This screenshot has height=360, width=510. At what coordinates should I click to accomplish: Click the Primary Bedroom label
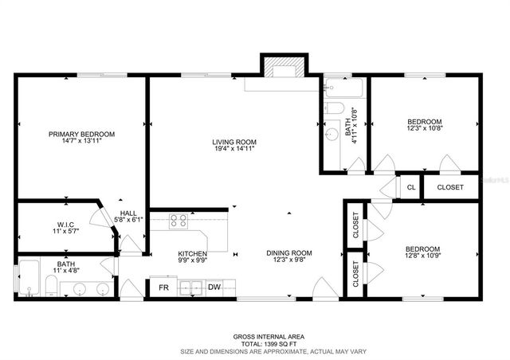tap(81, 135)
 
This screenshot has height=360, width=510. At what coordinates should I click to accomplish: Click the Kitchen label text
tap(192, 253)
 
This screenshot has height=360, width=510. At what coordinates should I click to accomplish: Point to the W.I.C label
tap(65, 225)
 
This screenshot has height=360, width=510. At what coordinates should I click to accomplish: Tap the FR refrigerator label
tap(164, 288)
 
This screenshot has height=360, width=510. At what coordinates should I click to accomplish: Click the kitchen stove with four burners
tap(178, 222)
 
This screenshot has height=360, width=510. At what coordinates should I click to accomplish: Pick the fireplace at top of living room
tap(283, 69)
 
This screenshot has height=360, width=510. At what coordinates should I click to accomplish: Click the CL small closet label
tap(411, 187)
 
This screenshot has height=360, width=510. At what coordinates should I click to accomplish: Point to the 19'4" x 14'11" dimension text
tap(233, 149)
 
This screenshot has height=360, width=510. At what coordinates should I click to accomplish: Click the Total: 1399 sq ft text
tap(255, 343)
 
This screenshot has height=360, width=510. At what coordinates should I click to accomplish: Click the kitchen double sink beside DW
tap(189, 288)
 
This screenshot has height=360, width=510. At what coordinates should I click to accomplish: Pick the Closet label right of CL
tap(450, 187)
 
